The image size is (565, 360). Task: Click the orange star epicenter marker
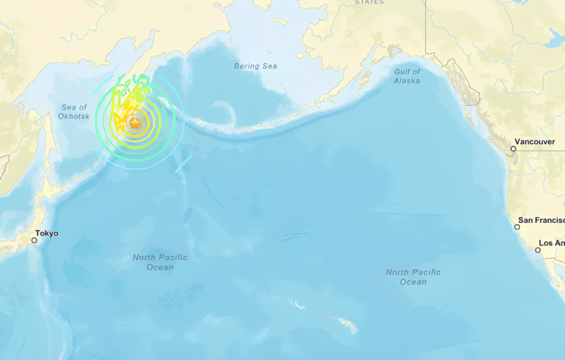coord(135,124)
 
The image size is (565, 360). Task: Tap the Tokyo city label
coord(47,233)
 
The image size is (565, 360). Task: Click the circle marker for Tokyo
coord(34,240)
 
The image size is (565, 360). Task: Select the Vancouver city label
coord(534,142)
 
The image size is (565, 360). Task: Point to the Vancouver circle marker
coord(513,148)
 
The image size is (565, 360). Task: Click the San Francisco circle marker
coord(517,227)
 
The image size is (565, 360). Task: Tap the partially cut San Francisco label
coord(541,220)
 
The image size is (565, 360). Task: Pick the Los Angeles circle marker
coord(538,250)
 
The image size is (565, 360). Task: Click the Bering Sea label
coord(256,66)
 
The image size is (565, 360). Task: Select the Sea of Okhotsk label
coord(74,112)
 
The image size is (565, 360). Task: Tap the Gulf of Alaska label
coord(407,76)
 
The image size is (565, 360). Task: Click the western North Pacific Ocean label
coord(160,262)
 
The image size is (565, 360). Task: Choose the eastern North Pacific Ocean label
coord(413,277)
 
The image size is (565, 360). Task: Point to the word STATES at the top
coord(369,2)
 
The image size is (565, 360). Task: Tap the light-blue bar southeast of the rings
coord(183,163)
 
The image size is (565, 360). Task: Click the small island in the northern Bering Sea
coord(281,21)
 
